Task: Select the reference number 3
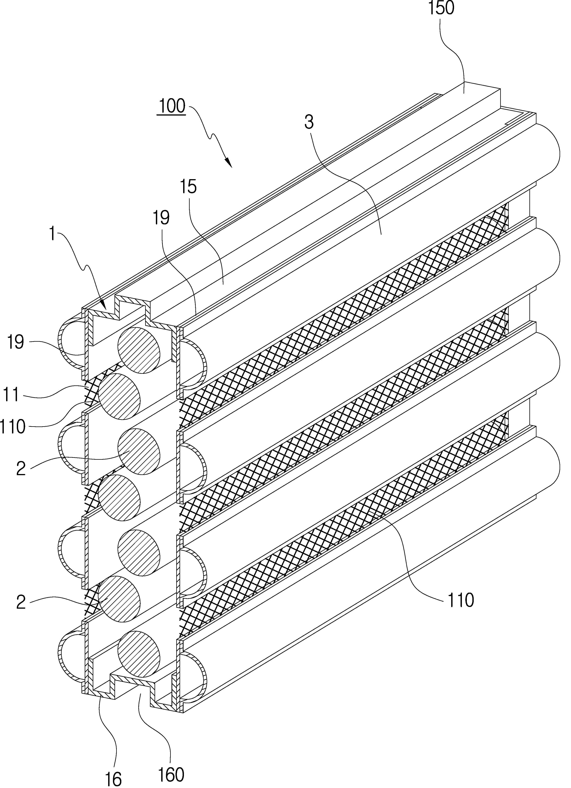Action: pyautogui.click(x=309, y=123)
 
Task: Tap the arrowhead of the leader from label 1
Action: pyautogui.click(x=103, y=305)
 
